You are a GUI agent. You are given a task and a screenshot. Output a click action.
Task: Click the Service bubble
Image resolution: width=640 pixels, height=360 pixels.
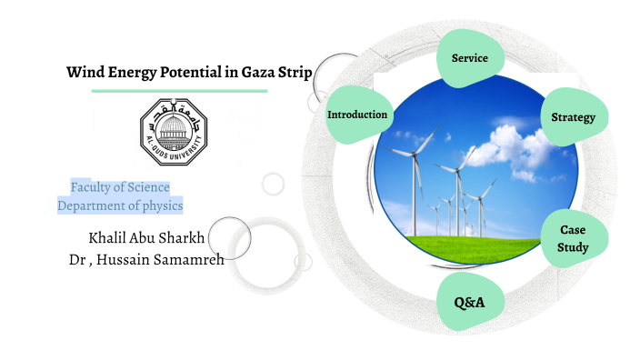pyautogui.click(x=470, y=58)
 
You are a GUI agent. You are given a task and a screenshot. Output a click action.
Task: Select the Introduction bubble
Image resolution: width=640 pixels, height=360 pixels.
pyautogui.click(x=357, y=115)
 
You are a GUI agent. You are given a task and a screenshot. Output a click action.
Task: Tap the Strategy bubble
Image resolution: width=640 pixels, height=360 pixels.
pyautogui.click(x=573, y=117)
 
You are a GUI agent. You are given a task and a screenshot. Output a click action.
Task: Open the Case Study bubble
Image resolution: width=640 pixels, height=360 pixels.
pyautogui.click(x=574, y=239)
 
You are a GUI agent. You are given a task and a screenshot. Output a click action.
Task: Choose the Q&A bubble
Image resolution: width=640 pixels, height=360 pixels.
pyautogui.click(x=469, y=301)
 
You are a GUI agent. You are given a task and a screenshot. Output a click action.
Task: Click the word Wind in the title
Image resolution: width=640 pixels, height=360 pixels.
pyautogui.click(x=84, y=74)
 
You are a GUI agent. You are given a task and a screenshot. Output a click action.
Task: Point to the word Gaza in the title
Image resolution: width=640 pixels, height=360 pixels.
pyautogui.click(x=251, y=74)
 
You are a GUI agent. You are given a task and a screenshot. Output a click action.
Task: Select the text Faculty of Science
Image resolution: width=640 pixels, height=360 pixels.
pyautogui.click(x=120, y=187)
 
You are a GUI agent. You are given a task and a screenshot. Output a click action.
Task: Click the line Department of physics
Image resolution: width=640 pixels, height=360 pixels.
pyautogui.click(x=120, y=205)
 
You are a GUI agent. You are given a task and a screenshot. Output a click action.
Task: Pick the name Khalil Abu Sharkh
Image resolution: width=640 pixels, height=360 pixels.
pyautogui.click(x=146, y=239)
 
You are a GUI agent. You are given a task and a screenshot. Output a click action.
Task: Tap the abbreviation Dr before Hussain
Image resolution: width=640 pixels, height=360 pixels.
pyautogui.click(x=77, y=260)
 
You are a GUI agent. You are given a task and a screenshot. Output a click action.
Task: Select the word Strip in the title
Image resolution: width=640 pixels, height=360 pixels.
pyautogui.click(x=292, y=74)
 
